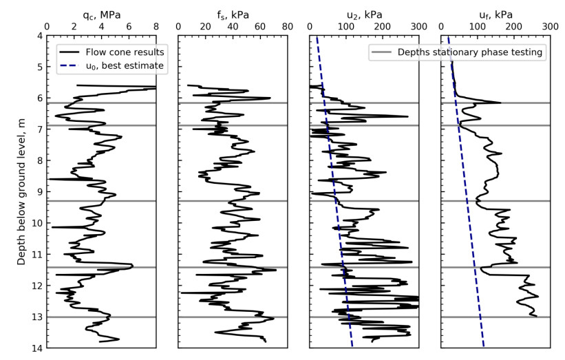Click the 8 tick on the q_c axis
[156, 26]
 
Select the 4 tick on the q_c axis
[101, 26]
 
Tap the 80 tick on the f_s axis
[288, 26]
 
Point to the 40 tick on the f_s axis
[233, 26]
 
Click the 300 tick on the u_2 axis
[418, 26]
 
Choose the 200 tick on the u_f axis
[513, 26]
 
